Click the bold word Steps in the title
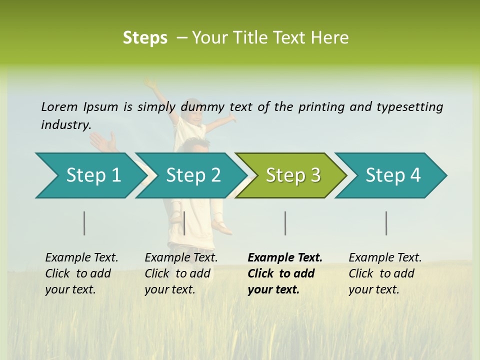click(145, 38)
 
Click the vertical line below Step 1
click(84, 223)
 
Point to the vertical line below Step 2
click(184, 223)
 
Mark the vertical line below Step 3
click(285, 223)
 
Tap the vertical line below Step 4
click(386, 223)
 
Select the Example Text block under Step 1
click(81, 273)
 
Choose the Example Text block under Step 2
click(181, 273)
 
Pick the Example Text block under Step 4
click(385, 273)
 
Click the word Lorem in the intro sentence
click(59, 106)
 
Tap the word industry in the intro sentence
click(65, 125)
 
